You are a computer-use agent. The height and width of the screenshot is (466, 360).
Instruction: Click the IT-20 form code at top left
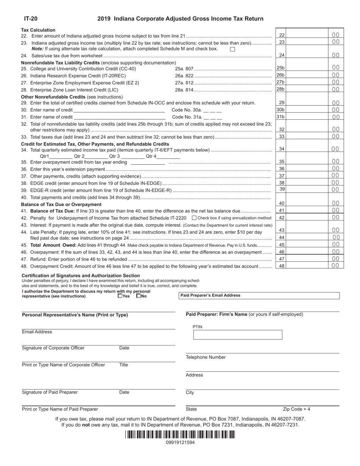[x=31, y=19]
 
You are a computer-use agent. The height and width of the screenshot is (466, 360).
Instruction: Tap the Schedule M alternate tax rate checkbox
[x=233, y=49]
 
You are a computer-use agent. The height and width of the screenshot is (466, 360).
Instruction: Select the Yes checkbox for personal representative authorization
[x=120, y=296]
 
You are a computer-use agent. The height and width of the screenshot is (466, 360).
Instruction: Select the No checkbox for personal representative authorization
[x=138, y=296]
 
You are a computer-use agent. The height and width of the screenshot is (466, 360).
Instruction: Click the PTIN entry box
[x=238, y=335]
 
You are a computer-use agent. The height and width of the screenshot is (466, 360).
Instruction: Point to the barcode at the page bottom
[x=180, y=435]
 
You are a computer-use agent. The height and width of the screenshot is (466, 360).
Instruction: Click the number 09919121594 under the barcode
[x=180, y=442]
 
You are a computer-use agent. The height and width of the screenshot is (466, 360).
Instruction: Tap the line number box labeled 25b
[x=280, y=68]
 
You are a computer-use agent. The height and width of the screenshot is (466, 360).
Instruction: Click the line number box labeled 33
[x=282, y=136]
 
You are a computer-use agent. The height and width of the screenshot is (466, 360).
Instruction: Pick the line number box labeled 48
[x=282, y=266]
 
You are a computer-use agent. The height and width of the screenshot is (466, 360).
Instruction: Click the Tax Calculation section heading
[x=38, y=30]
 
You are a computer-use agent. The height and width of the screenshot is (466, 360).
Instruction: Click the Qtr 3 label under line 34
[x=114, y=156]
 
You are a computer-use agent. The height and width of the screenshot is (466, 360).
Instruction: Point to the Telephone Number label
[x=205, y=357]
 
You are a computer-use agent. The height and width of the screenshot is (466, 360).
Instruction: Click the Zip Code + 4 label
[x=296, y=409]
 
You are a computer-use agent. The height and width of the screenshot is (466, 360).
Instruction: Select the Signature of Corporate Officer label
[x=53, y=348]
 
